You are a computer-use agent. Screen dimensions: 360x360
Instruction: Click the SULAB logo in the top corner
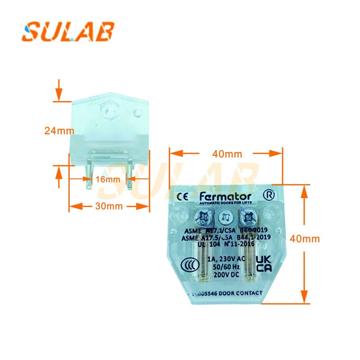pos(68,32)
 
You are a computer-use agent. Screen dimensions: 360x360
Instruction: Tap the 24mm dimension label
pos(59,130)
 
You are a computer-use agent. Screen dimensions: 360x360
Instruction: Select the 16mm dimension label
pos(108,179)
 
